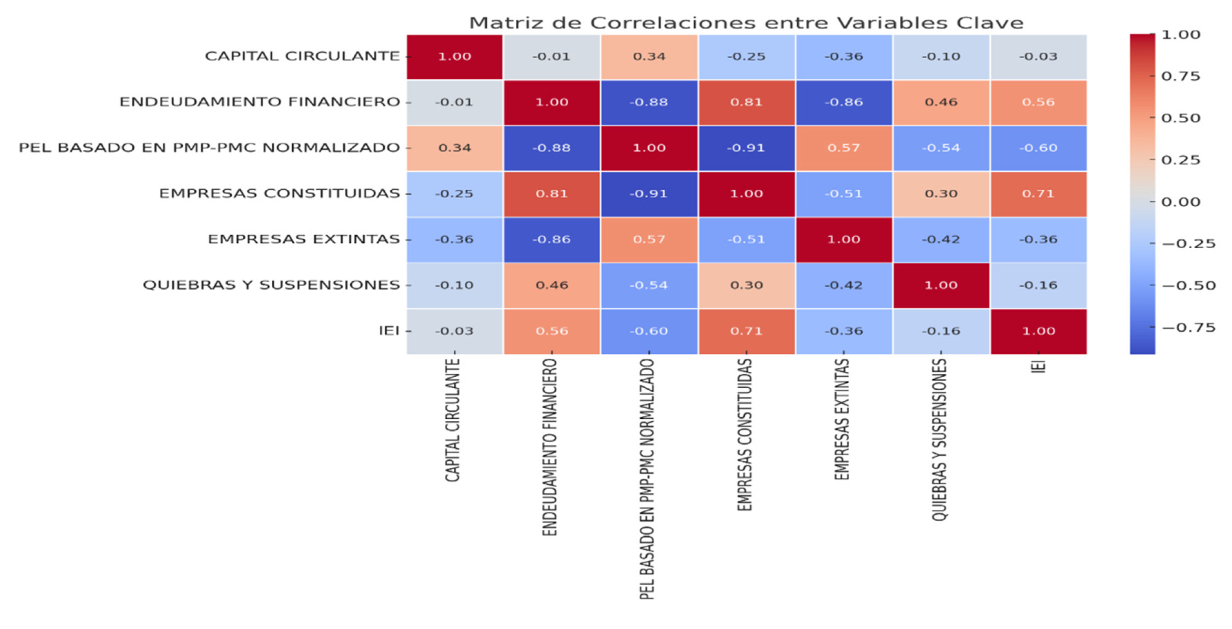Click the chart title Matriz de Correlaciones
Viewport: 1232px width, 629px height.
746,23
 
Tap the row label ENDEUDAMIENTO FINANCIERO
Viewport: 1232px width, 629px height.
259,102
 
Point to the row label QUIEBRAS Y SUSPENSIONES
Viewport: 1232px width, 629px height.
271,285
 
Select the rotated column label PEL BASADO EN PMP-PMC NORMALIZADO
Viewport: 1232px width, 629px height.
647,478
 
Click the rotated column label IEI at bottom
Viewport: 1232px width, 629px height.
1038,366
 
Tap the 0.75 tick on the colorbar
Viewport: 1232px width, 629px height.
1180,76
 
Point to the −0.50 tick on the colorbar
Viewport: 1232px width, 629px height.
1189,286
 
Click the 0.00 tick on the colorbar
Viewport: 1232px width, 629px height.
1180,202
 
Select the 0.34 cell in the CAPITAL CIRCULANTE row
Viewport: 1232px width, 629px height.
649,57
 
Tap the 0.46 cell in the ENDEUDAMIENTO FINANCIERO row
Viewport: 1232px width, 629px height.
941,102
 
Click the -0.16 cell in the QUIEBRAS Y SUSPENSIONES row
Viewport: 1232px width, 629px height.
1038,285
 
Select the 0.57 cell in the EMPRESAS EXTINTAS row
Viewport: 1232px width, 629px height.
649,239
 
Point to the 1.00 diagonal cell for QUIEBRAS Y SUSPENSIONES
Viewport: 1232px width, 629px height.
941,285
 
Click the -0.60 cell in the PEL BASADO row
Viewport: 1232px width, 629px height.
1038,148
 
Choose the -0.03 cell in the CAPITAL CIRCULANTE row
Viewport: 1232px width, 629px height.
1038,57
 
